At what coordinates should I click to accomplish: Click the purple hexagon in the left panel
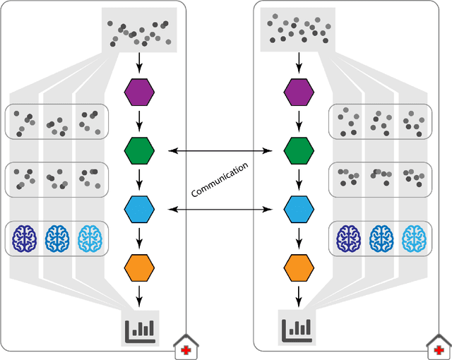139,92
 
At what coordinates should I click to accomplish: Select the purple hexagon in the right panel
299,92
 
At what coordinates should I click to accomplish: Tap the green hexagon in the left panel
139,150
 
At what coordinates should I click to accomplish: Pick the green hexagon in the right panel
299,150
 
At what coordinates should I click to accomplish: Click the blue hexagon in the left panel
139,209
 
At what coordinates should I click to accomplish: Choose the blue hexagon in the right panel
299,209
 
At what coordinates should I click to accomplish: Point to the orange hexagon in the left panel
139,268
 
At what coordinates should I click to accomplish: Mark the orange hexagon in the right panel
299,268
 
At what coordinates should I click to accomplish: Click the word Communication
220,180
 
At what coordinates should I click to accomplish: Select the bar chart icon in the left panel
140,326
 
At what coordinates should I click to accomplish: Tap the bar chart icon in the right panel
298,326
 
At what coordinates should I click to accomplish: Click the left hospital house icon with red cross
186,348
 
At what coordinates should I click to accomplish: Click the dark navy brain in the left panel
25,239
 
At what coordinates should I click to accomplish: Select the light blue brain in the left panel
90,239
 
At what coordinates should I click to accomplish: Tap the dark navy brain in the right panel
348,239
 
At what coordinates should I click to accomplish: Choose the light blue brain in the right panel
414,239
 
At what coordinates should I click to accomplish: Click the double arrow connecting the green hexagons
219,150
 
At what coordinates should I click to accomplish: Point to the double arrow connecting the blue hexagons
219,209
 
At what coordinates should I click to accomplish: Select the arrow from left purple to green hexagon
139,121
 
